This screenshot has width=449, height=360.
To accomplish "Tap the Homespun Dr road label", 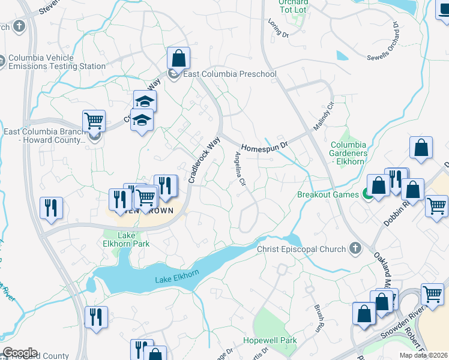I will (265, 146).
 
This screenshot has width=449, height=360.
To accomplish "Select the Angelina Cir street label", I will (240, 168).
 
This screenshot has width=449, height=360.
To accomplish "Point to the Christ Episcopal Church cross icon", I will (355, 248).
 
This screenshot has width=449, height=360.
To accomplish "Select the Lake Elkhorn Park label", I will (126, 239).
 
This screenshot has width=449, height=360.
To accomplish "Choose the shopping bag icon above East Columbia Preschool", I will (178, 59).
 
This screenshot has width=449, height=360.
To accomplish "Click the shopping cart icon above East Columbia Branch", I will (94, 121).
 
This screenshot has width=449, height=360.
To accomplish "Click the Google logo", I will (20, 353).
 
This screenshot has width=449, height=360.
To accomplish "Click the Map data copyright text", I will (424, 355).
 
